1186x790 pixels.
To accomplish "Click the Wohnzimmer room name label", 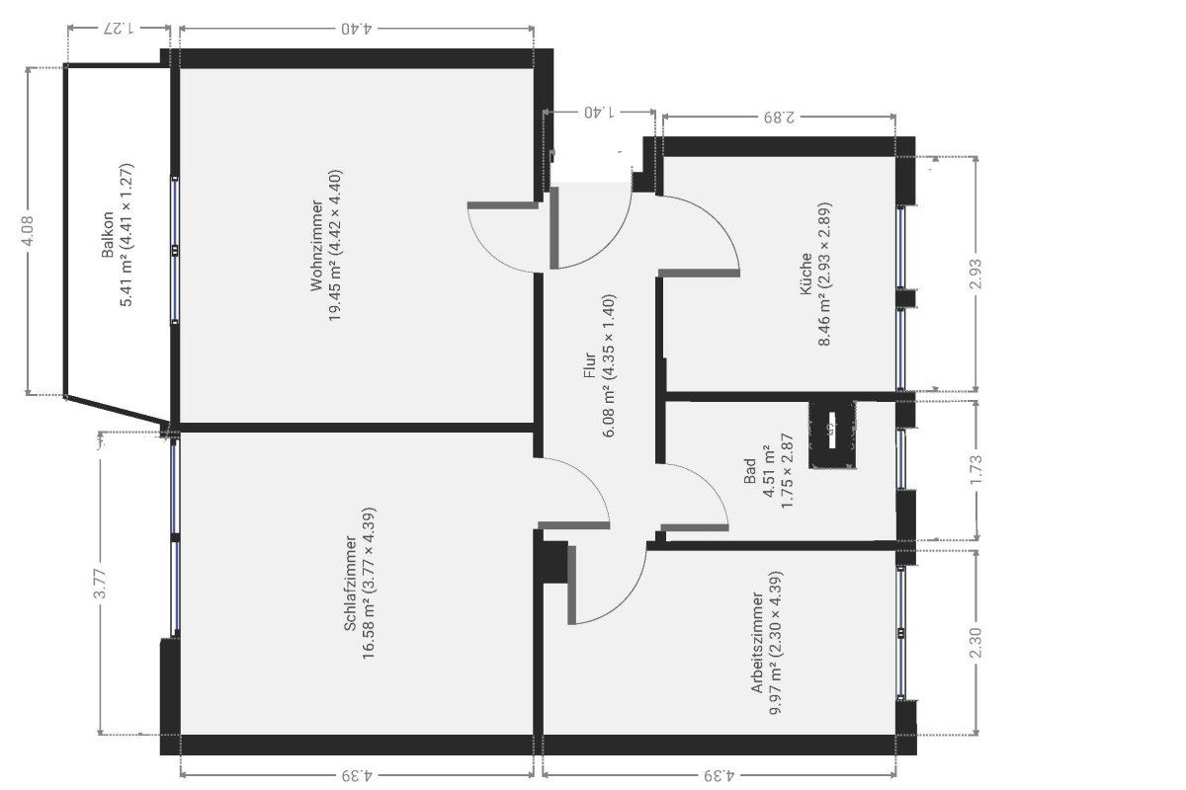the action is (316, 246).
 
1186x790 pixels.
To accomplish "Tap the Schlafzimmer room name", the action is (350, 584).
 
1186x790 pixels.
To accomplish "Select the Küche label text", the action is (805, 275).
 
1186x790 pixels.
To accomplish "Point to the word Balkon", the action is (108, 235).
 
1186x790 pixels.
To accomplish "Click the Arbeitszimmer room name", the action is (757, 643).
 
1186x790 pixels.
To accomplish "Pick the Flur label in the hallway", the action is (590, 365).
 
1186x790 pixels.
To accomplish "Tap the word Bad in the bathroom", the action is (750, 471).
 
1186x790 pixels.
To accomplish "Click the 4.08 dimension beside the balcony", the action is (29, 230).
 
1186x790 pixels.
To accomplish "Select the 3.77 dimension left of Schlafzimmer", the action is (100, 584).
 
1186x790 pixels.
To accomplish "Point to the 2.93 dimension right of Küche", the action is (975, 274).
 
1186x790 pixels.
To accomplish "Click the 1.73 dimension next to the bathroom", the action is (975, 469).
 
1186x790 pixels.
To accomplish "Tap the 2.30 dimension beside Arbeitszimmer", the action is (975, 643).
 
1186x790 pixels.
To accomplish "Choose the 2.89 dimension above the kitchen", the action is (780, 116).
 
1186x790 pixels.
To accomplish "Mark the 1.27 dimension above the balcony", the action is (120, 28).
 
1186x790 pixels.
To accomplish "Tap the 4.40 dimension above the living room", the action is (357, 28).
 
